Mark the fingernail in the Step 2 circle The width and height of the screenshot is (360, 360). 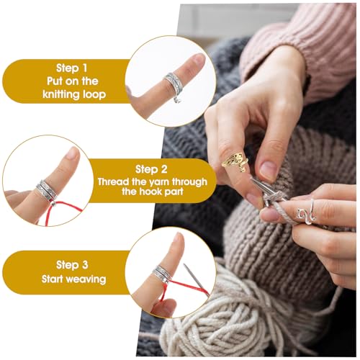pos(71,153)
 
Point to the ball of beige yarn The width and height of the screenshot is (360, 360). pos(216,317)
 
